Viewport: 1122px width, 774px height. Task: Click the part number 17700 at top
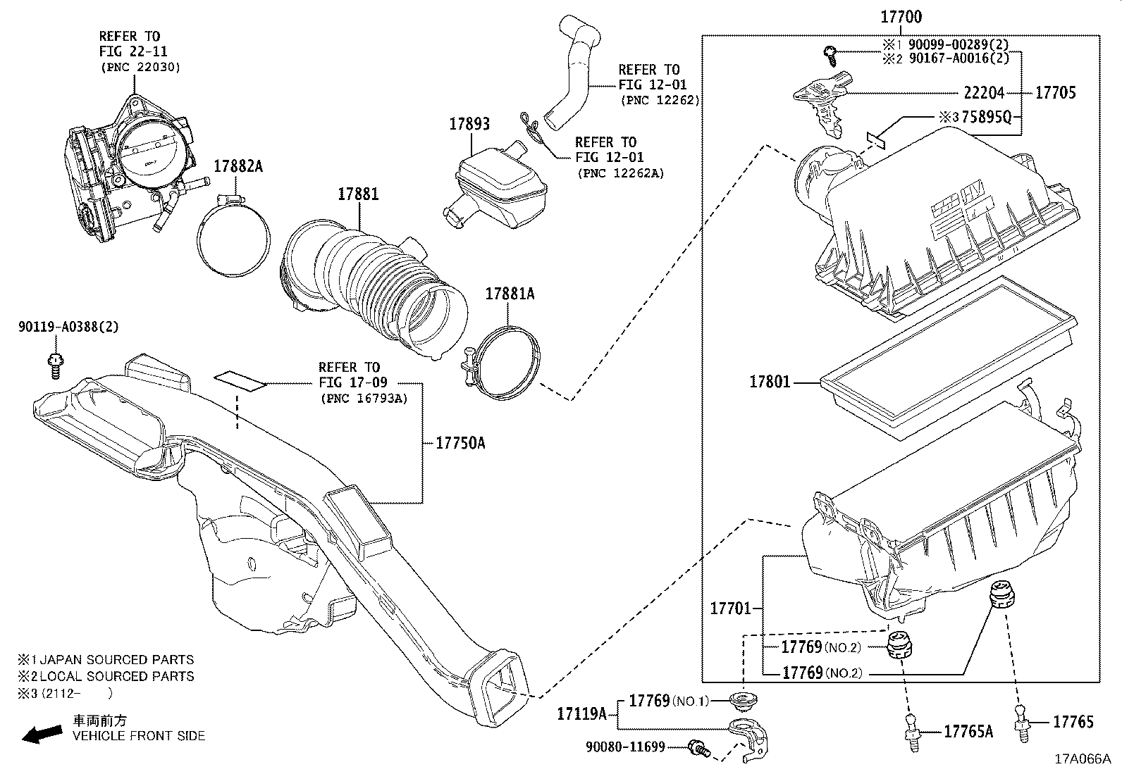[x=900, y=17]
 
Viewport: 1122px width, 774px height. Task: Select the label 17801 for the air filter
[x=770, y=382]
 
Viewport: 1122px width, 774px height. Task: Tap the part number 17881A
[x=509, y=294]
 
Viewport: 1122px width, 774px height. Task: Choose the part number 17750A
[x=460, y=443]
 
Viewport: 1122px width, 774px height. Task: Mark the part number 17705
[x=1055, y=93]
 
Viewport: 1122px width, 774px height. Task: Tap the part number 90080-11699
[x=625, y=747]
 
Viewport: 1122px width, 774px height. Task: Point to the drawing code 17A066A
[x=1082, y=759]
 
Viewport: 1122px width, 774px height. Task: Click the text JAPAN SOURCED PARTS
[x=116, y=660]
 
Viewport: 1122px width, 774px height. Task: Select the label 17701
[x=730, y=608]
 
